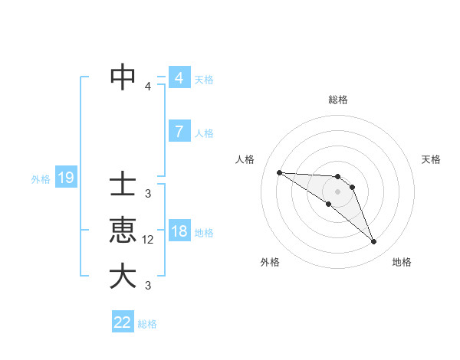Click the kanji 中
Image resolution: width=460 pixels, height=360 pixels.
[123, 77]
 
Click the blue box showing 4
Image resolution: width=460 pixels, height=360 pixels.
[179, 78]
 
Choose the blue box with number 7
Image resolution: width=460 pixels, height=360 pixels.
[179, 131]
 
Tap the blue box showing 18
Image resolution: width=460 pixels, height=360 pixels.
[179, 231]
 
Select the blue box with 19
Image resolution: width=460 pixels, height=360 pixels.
[66, 178]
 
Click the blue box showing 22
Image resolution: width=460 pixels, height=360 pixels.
[123, 322]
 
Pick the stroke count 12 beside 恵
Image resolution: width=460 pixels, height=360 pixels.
[149, 240]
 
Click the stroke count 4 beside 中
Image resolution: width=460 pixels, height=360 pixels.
[148, 86]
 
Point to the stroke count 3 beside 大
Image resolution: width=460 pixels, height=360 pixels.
[148, 286]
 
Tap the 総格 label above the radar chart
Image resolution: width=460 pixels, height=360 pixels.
[338, 100]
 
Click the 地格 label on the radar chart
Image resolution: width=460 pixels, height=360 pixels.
[402, 262]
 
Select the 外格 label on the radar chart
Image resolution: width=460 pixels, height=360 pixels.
[270, 262]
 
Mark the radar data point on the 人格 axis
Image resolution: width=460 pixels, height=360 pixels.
[279, 172]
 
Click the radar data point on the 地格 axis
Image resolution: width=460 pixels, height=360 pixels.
[374, 242]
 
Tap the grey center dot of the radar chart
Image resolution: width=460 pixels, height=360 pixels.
[338, 191]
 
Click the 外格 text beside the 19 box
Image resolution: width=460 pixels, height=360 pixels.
[41, 179]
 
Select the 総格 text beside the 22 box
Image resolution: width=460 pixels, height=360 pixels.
[147, 323]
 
